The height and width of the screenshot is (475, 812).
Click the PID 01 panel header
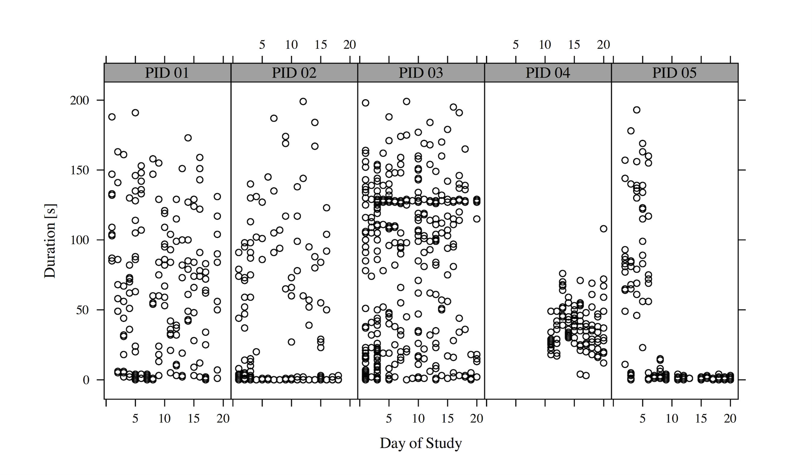pos(167,73)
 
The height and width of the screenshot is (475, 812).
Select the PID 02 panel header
pos(294,73)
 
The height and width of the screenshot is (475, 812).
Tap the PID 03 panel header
pos(421,73)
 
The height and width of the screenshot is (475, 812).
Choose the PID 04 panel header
pos(548,73)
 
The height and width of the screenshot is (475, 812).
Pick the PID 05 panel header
pos(674,73)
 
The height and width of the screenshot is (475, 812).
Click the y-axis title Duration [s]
pos(50,241)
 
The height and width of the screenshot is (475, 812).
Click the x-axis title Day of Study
pos(421,443)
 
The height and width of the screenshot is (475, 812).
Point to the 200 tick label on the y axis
pos(80,100)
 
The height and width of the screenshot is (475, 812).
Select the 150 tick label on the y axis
pos(80,170)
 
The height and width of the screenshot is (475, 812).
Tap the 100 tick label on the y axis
pos(80,240)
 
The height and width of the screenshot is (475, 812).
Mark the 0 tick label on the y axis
pos(86,380)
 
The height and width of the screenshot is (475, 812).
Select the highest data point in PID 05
pos(637,110)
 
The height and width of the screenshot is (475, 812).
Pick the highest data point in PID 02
pos(303,101)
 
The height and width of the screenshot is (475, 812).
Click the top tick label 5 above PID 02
pos(262,45)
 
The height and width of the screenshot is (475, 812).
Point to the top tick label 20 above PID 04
pos(604,45)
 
